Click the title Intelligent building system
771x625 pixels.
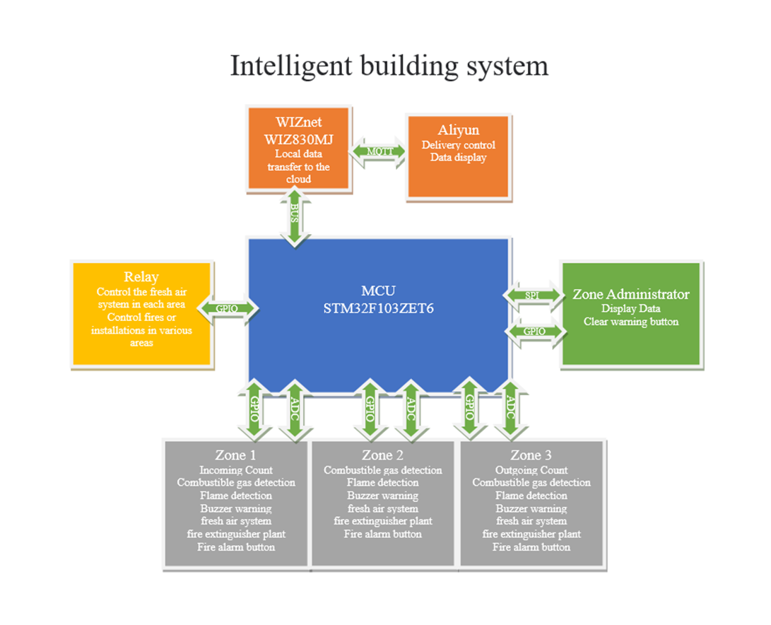[x=389, y=66]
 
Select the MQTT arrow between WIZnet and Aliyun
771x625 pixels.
[x=378, y=151]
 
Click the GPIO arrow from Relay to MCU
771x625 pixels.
[x=227, y=308]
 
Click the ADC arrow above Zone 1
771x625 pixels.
[x=295, y=410]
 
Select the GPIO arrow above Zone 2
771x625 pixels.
[x=368, y=410]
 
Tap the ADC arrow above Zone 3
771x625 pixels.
[x=510, y=410]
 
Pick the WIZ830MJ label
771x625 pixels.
[x=298, y=139]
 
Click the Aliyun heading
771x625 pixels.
[x=458, y=130]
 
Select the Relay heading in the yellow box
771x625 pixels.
[x=141, y=276]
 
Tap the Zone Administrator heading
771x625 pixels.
[x=630, y=294]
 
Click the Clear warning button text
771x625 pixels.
[x=630, y=322]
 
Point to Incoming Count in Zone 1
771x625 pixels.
[x=236, y=470]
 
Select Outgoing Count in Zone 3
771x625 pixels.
[x=531, y=470]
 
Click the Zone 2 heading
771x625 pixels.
[x=382, y=455]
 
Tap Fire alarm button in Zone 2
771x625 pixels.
[x=382, y=534]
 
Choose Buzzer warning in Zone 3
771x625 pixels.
[x=531, y=508]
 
